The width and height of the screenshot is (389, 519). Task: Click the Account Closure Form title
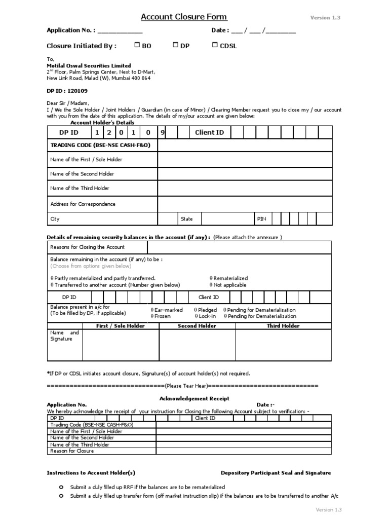pos(183,17)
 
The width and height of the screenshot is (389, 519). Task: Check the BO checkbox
pos(137,45)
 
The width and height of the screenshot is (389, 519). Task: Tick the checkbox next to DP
pos(176,45)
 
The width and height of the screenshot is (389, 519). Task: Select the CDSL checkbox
pos(215,45)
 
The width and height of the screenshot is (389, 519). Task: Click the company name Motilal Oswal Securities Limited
pos(89,65)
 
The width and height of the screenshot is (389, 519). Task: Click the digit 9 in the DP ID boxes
pos(163,132)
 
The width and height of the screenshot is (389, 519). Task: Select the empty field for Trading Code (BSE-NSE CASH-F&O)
pos(245,145)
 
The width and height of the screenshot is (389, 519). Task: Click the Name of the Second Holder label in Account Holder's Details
pos(82,174)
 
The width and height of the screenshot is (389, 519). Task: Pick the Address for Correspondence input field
pos(245,204)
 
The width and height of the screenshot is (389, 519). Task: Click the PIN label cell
pos(261,219)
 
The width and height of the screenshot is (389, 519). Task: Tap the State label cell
pos(187,219)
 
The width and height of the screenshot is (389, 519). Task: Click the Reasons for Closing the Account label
pos(87,247)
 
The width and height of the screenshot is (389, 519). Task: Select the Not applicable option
pos(229,285)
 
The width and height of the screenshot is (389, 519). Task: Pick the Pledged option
pos(207,310)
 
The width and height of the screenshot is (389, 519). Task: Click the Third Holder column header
pos(283,326)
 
